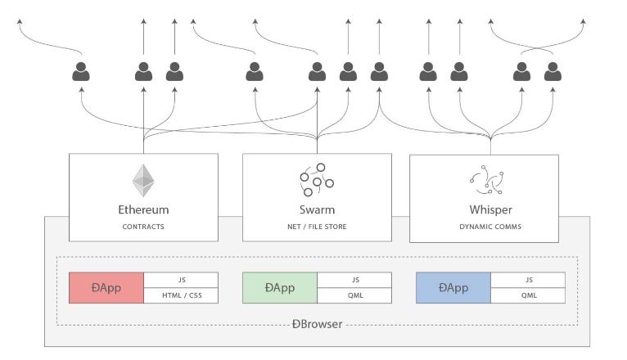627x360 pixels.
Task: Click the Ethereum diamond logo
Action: (x=143, y=181)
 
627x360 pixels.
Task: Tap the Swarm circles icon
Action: (x=317, y=180)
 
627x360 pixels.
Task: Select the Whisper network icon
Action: (x=487, y=180)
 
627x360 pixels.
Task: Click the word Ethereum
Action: (x=143, y=209)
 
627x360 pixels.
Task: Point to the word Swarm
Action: (x=317, y=209)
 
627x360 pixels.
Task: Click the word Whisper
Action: (x=490, y=209)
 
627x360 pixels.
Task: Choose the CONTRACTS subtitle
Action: (x=143, y=227)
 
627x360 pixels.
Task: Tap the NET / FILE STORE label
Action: (x=317, y=227)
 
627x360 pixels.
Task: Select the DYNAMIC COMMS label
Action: (x=490, y=227)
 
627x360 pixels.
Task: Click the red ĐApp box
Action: (x=106, y=288)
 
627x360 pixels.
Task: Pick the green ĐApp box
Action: (x=280, y=288)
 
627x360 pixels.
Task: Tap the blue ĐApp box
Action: (x=453, y=288)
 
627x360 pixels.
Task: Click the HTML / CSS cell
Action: (x=181, y=295)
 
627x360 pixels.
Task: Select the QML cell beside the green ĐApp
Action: (x=354, y=295)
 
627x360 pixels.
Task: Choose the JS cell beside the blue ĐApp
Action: (x=528, y=280)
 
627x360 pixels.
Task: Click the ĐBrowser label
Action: (x=317, y=324)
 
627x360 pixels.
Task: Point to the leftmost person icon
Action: (x=81, y=71)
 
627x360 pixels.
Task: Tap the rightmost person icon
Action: (x=553, y=71)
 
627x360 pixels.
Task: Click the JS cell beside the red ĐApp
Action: (x=181, y=280)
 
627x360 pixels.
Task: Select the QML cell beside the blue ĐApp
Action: (x=528, y=295)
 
